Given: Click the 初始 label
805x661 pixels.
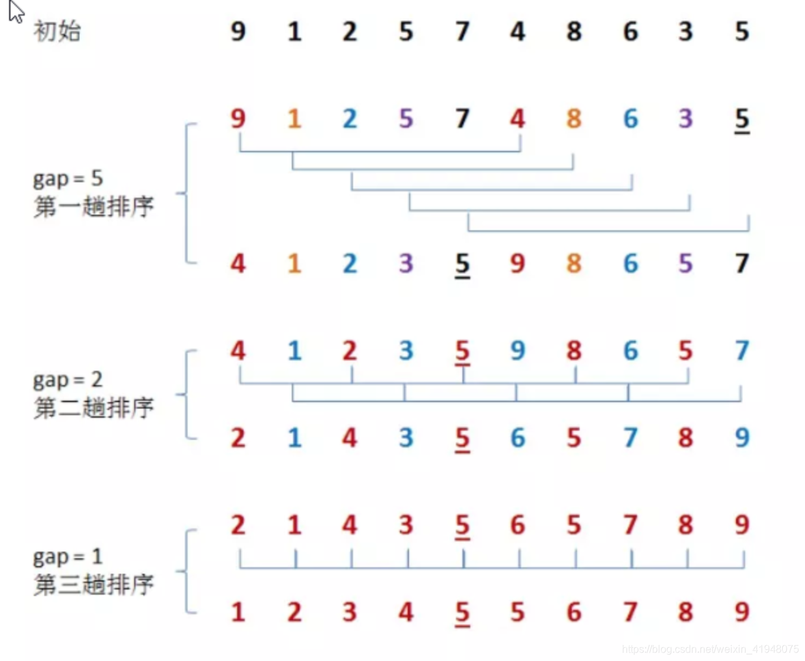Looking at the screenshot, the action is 57,31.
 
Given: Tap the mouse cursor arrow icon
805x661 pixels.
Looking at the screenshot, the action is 16,12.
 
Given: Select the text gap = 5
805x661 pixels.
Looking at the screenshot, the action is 68,178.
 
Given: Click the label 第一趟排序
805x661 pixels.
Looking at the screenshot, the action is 93,207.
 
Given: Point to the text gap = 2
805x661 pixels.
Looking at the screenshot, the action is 68,379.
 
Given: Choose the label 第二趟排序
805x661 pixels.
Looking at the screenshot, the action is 93,408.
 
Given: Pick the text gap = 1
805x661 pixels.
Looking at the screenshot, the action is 68,557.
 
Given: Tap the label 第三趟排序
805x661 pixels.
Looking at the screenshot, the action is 93,584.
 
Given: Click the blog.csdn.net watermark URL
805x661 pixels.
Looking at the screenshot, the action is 710,649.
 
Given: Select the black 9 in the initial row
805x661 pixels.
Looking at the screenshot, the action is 238,31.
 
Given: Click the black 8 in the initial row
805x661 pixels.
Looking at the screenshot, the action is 574,31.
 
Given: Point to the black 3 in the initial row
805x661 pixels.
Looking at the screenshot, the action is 686,31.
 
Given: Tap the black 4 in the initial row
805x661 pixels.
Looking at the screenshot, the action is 518,31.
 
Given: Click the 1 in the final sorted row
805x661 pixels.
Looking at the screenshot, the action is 238,612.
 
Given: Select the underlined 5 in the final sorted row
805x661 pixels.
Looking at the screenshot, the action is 462,613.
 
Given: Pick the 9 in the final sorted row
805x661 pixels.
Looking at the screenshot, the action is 742,612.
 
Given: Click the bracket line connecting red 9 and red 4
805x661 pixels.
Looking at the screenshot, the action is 380,152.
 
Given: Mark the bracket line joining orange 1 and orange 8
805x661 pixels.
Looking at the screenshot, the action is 432,170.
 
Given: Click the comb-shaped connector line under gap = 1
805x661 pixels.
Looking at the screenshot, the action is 492,568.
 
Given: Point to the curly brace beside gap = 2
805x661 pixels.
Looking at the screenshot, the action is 187,394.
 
